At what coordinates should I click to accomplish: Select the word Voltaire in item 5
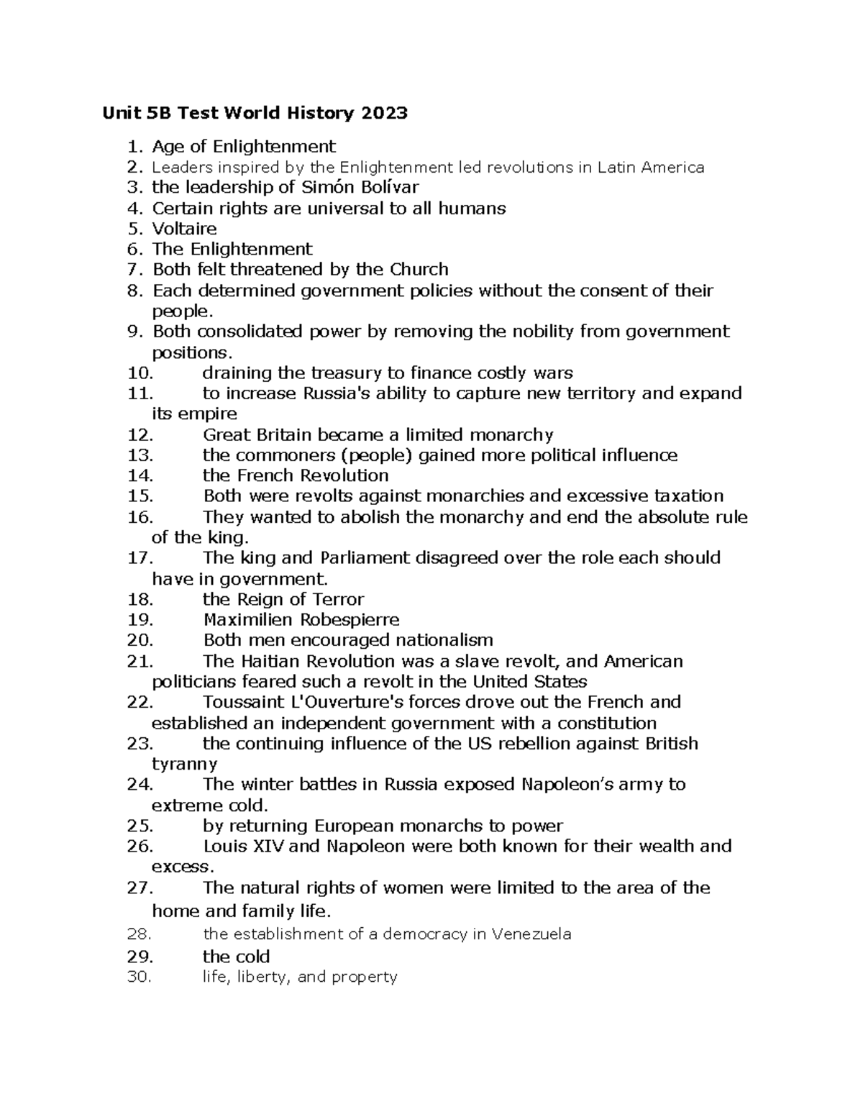click(x=184, y=229)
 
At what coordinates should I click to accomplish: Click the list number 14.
click(x=140, y=475)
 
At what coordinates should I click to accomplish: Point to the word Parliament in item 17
click(x=365, y=558)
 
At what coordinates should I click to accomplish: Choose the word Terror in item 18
click(x=338, y=599)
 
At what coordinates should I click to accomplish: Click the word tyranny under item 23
click(x=185, y=764)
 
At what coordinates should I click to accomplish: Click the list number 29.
click(x=140, y=957)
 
